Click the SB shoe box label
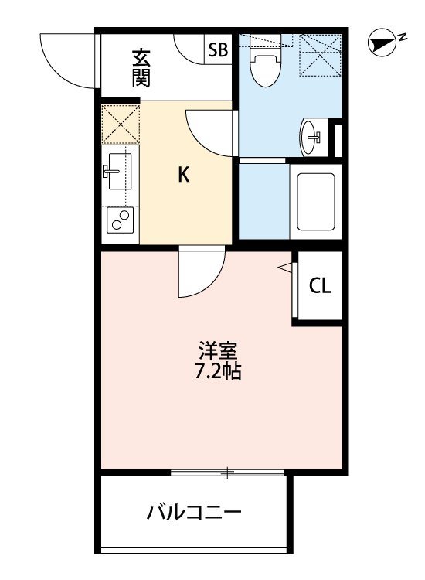tap(218, 51)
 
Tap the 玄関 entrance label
tap(141, 67)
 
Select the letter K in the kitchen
tap(183, 175)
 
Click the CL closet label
tap(320, 285)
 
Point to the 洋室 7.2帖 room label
tap(217, 360)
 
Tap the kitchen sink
tap(119, 169)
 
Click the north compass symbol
tap(381, 41)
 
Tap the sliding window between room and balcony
tap(229, 472)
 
